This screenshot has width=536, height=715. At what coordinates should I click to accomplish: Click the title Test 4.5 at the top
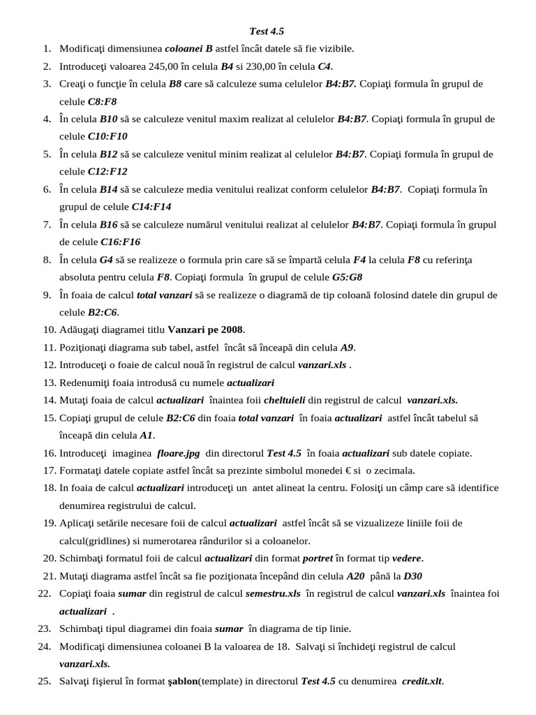(x=267, y=31)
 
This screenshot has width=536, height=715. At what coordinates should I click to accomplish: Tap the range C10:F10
(x=107, y=136)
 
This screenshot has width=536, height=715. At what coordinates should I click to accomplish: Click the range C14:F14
(x=151, y=207)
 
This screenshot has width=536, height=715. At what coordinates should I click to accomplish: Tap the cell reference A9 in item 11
(x=348, y=347)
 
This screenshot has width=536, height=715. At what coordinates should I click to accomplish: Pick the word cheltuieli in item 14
(x=286, y=400)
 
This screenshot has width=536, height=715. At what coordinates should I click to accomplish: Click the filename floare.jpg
(x=179, y=453)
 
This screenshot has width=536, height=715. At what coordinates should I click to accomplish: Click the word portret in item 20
(x=318, y=559)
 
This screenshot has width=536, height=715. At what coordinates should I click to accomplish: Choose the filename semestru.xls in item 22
(x=273, y=594)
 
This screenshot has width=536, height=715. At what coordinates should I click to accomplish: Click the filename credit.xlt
(x=422, y=681)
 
